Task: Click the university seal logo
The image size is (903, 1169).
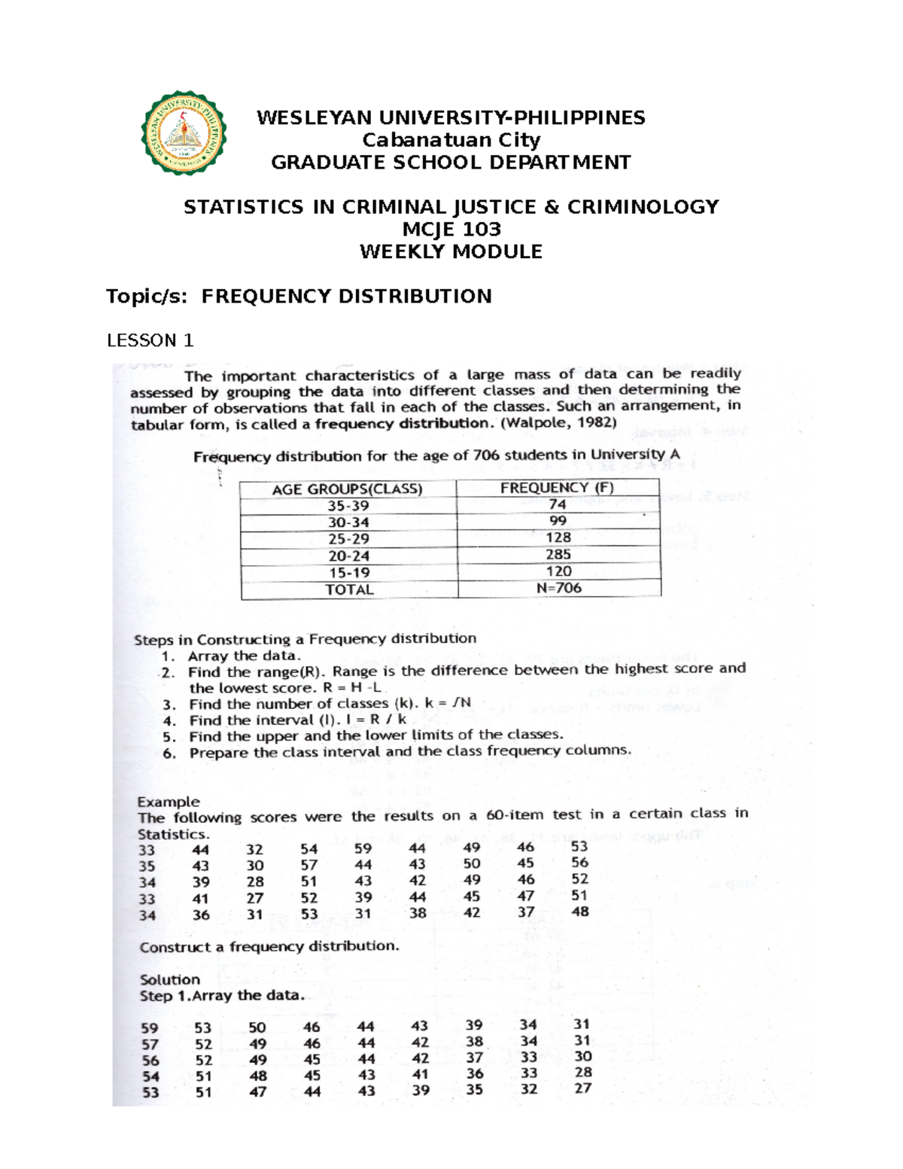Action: pyautogui.click(x=184, y=134)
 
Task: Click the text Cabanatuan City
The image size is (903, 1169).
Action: pyautogui.click(x=451, y=140)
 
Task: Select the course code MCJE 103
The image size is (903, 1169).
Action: pyautogui.click(x=451, y=229)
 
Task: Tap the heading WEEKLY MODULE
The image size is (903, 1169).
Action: pyautogui.click(x=451, y=251)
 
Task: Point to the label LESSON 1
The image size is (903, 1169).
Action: pyautogui.click(x=150, y=340)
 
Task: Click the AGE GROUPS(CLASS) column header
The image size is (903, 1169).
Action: pyautogui.click(x=347, y=489)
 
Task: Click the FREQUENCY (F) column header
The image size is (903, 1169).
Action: pyautogui.click(x=557, y=488)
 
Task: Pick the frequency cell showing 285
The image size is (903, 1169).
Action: pyautogui.click(x=558, y=555)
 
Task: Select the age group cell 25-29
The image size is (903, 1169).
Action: pyautogui.click(x=348, y=539)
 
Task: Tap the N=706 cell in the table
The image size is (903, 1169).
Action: pyautogui.click(x=558, y=588)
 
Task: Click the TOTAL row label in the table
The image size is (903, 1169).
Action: pyautogui.click(x=348, y=590)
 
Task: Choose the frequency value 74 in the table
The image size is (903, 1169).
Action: pyautogui.click(x=557, y=504)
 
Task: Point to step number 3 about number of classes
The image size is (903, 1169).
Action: pyautogui.click(x=169, y=705)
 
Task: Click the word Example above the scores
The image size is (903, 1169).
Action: pyautogui.click(x=168, y=802)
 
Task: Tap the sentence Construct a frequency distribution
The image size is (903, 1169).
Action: pyautogui.click(x=269, y=947)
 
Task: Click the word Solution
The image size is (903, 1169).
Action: pyautogui.click(x=169, y=979)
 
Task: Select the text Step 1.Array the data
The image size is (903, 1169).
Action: pyautogui.click(x=222, y=996)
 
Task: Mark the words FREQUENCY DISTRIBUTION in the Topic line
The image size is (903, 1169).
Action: pyautogui.click(x=346, y=296)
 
